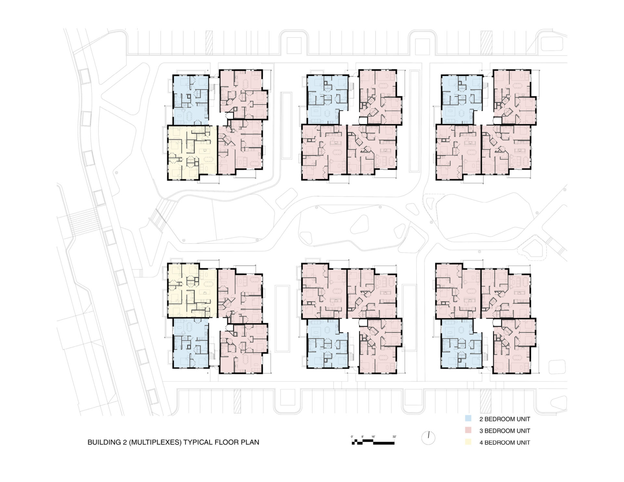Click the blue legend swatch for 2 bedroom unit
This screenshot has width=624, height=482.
click(468, 419)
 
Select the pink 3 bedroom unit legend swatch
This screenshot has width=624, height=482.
click(468, 430)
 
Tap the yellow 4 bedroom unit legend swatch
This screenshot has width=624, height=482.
click(468, 442)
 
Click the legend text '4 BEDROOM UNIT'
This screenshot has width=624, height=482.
click(505, 442)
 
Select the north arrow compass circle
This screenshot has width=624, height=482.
click(428, 438)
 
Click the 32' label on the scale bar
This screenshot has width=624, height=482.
click(394, 437)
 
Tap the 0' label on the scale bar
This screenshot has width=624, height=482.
click(352, 437)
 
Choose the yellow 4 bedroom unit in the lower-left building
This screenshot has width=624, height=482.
click(192, 290)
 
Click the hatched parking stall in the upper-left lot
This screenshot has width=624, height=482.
click(209, 43)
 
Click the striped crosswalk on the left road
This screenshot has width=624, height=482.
click(84, 222)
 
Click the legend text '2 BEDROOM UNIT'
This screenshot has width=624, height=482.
click(505, 419)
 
